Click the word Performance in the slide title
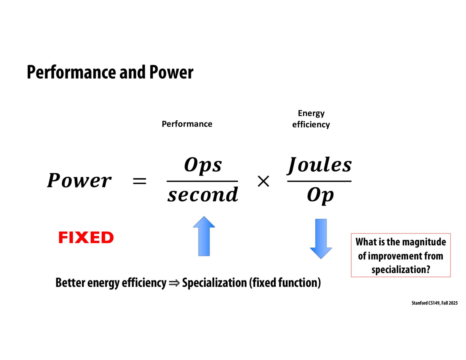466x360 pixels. (72, 72)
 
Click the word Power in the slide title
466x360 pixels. (171, 72)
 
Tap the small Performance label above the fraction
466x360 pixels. (187, 124)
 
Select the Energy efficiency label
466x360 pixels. (311, 119)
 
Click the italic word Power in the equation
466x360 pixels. (79, 181)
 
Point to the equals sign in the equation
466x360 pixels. (140, 181)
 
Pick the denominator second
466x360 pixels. (203, 195)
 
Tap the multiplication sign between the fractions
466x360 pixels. (263, 181)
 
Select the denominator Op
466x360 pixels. (320, 195)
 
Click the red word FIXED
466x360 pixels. (86, 238)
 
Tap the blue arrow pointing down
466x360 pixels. (321, 239)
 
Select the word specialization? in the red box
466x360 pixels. (401, 269)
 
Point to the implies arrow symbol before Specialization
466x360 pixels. (174, 283)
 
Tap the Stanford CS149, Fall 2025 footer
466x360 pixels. (434, 303)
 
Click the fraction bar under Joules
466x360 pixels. (319, 181)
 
